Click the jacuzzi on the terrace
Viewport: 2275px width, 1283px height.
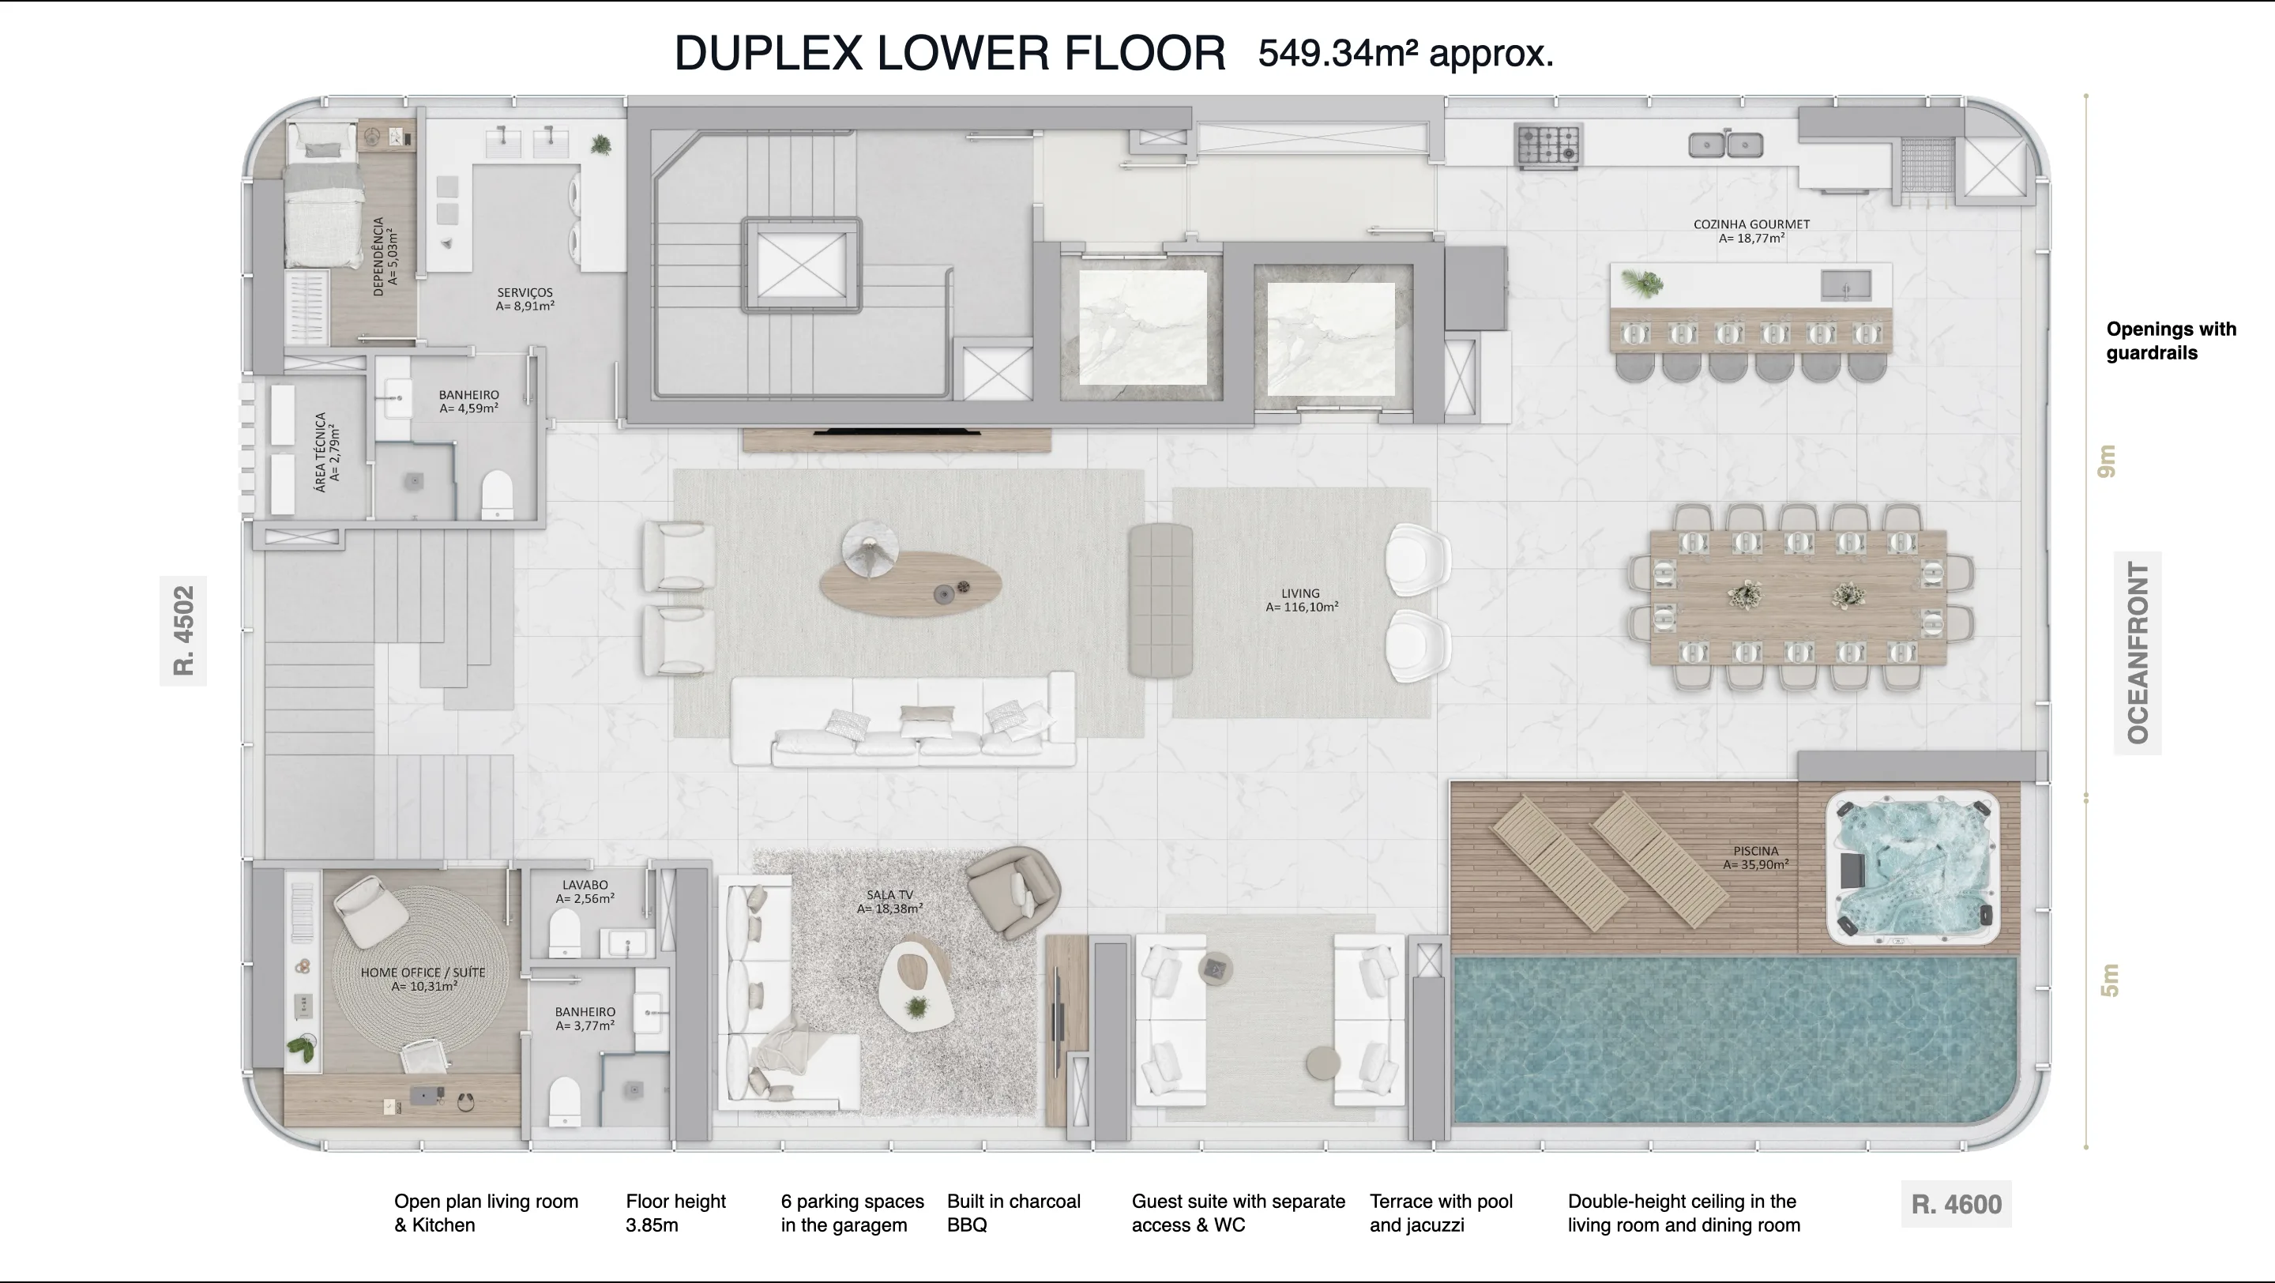[1912, 868]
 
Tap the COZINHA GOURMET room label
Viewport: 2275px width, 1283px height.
[1751, 231]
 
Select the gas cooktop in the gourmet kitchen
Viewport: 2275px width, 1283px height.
[1548, 145]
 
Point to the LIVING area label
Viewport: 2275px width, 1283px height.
[1302, 600]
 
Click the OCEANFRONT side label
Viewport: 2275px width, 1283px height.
[2138, 653]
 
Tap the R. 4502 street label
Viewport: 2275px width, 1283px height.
[182, 630]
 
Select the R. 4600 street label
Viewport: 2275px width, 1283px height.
[1956, 1205]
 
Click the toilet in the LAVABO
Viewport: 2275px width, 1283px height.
[564, 932]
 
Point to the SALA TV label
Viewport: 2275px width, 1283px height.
[889, 901]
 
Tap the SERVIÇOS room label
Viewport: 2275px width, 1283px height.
[525, 299]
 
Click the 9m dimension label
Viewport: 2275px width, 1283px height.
[2108, 461]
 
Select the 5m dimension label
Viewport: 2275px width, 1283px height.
[2109, 980]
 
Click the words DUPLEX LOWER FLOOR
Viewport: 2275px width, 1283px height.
[949, 53]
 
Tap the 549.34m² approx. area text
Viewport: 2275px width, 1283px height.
[1406, 54]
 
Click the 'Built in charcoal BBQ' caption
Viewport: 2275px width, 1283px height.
[1013, 1213]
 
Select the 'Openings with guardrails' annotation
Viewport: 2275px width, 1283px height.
[2171, 341]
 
